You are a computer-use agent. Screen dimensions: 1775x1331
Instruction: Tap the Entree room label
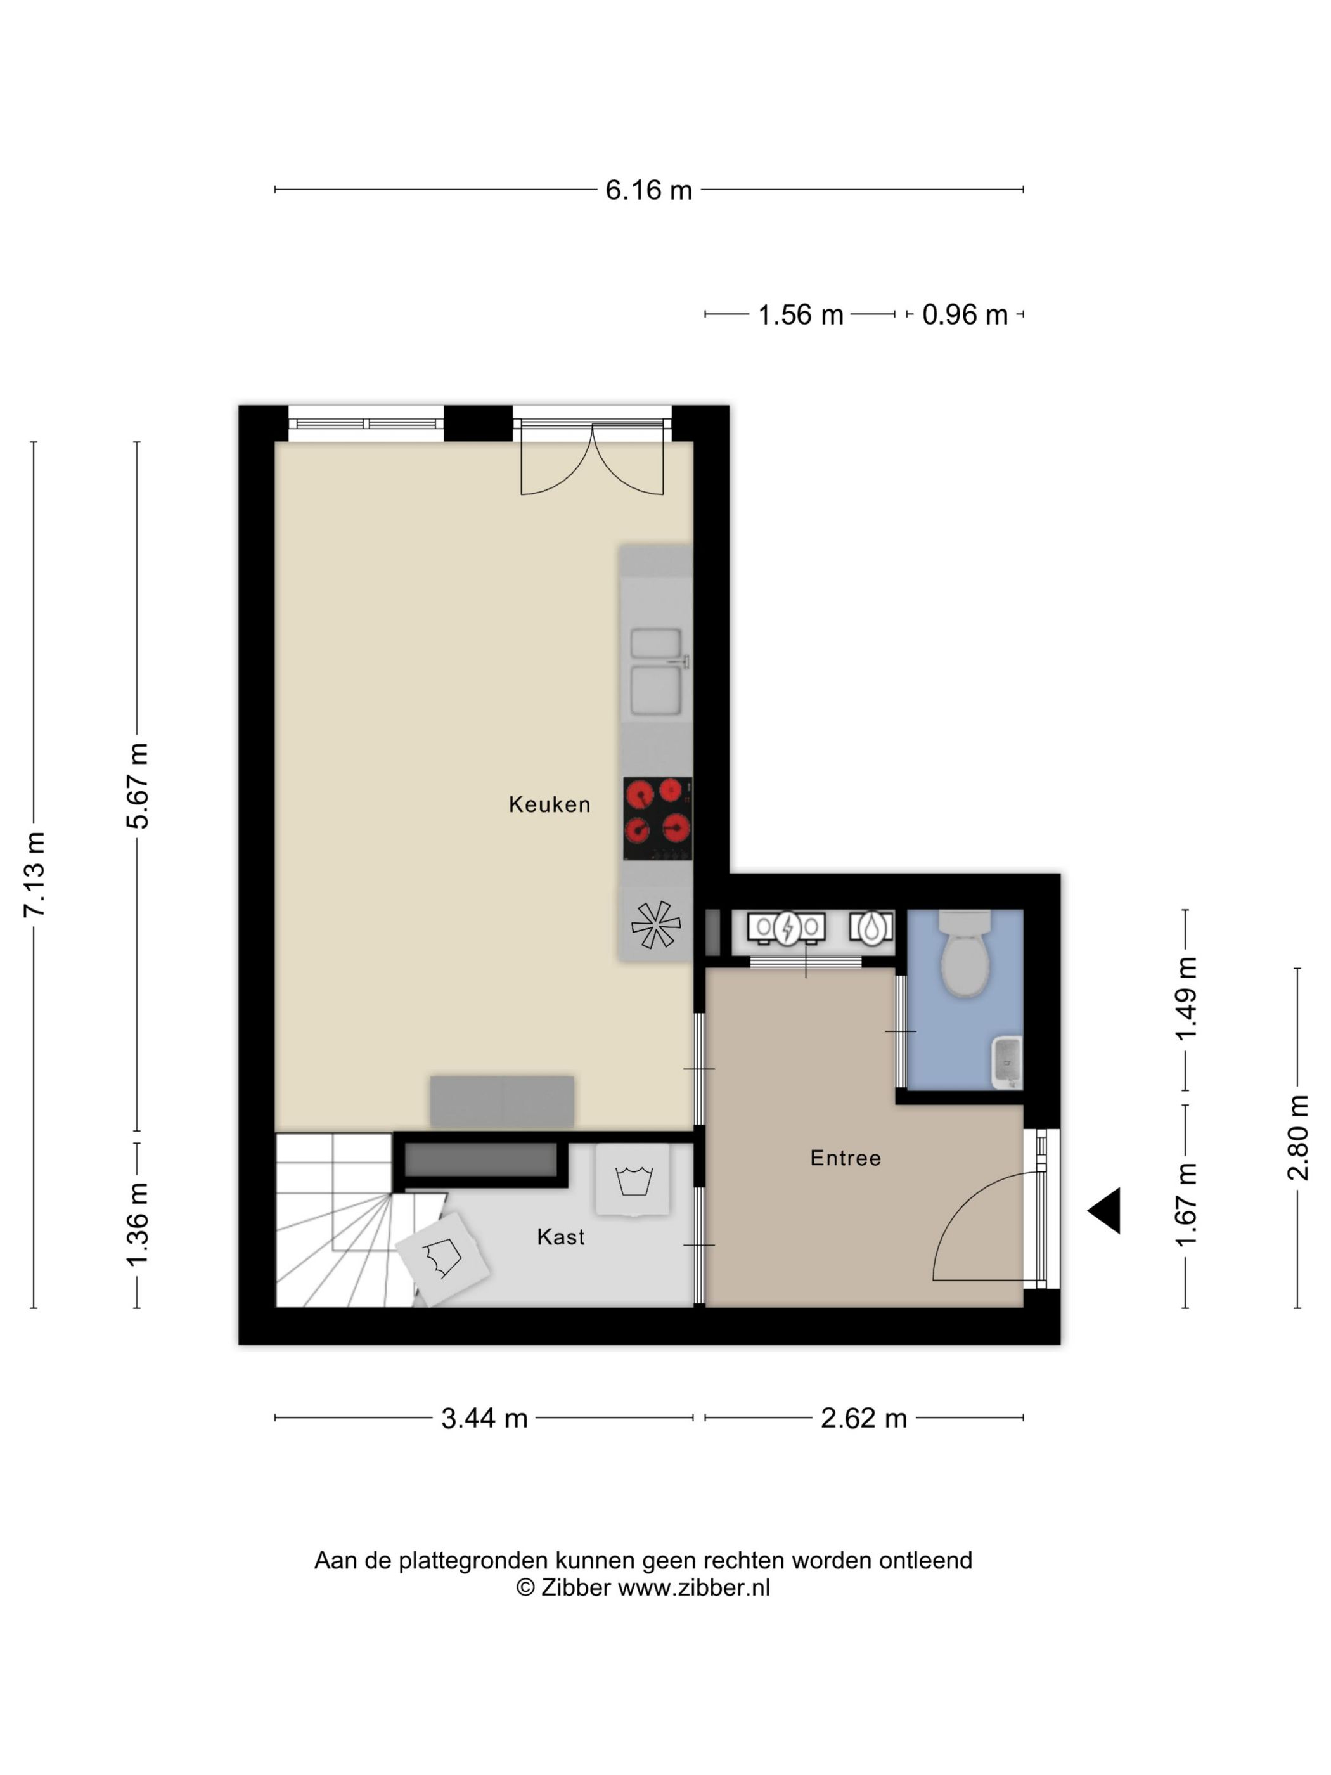(x=845, y=1158)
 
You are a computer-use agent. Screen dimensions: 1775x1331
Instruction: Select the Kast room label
(x=560, y=1237)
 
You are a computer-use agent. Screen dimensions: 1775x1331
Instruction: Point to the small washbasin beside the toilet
(x=1008, y=1062)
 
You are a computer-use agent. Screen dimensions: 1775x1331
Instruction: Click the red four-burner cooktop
(x=657, y=818)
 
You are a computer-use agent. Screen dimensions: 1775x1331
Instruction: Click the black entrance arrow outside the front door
(x=1105, y=1211)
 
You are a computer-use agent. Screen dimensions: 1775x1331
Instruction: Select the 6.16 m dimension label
(x=648, y=190)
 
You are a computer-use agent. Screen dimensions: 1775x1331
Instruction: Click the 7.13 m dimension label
(x=34, y=875)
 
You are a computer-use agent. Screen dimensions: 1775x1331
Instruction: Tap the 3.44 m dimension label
(x=484, y=1418)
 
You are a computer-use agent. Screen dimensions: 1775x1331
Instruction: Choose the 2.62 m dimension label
(x=863, y=1418)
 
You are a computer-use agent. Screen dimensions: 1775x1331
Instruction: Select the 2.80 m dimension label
(x=1297, y=1138)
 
